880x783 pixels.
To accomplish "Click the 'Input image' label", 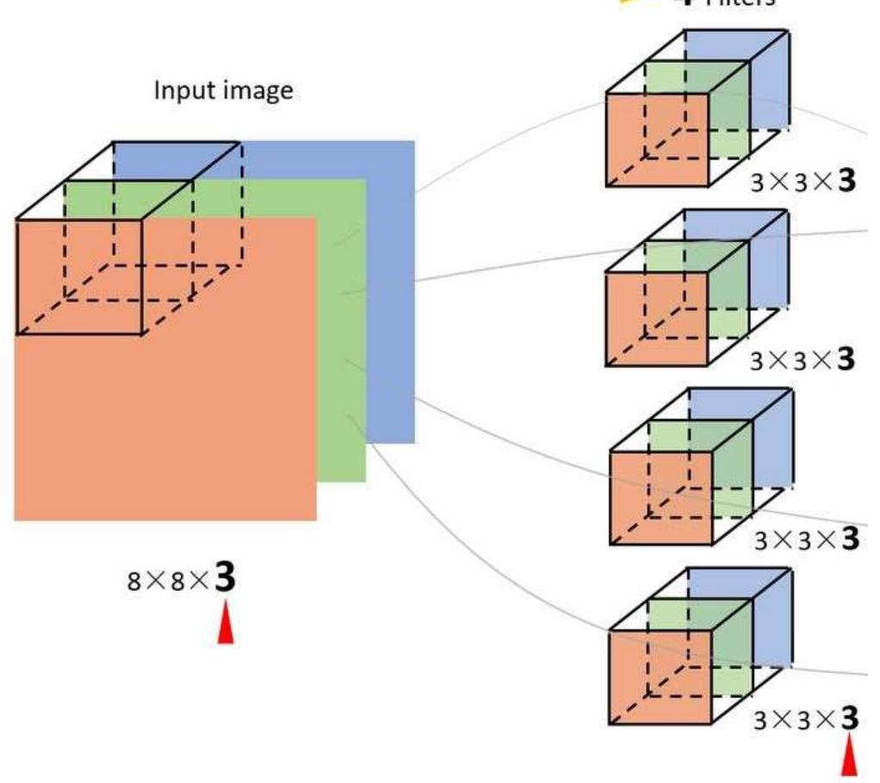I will (223, 91).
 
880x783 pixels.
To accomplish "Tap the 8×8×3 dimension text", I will (182, 579).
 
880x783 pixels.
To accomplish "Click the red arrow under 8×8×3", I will (225, 624).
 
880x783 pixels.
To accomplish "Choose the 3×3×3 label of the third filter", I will (806, 539).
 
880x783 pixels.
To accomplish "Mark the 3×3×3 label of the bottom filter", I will (806, 718).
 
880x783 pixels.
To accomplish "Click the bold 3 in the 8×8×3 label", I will (225, 577).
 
